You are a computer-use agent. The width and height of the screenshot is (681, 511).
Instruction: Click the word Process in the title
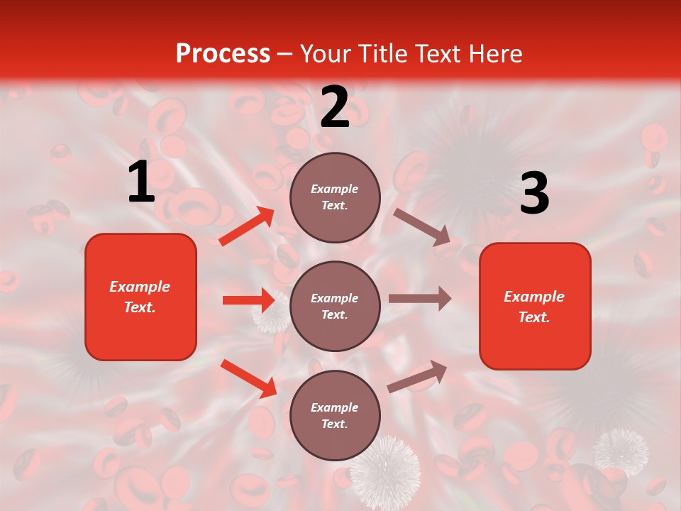coord(223,54)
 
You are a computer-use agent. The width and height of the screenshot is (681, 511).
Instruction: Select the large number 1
coord(142,182)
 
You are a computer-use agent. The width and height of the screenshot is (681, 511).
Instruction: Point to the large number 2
coord(335,107)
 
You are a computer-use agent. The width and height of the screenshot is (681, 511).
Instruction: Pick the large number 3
coord(534,194)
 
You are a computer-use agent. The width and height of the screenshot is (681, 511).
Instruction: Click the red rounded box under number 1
coord(140,297)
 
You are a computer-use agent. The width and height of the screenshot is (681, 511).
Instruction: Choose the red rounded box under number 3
coord(535,306)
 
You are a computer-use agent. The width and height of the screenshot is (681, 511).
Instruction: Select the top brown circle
coord(335,197)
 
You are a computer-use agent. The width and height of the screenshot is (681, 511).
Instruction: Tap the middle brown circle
coord(335,306)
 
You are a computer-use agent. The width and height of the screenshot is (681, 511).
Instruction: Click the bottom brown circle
coord(335,415)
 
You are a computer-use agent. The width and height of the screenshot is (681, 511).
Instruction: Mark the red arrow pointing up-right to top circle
coord(247,226)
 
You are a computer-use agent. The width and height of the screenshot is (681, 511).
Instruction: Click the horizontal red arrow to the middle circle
coord(248,300)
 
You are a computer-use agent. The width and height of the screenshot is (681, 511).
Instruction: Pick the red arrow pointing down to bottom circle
coord(249,378)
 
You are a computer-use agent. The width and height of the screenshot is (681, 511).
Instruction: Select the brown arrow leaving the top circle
coord(423,226)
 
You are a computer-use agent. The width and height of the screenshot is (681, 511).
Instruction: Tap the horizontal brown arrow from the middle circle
coord(420,298)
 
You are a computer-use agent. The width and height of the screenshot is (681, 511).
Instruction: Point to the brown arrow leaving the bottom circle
coord(418,376)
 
